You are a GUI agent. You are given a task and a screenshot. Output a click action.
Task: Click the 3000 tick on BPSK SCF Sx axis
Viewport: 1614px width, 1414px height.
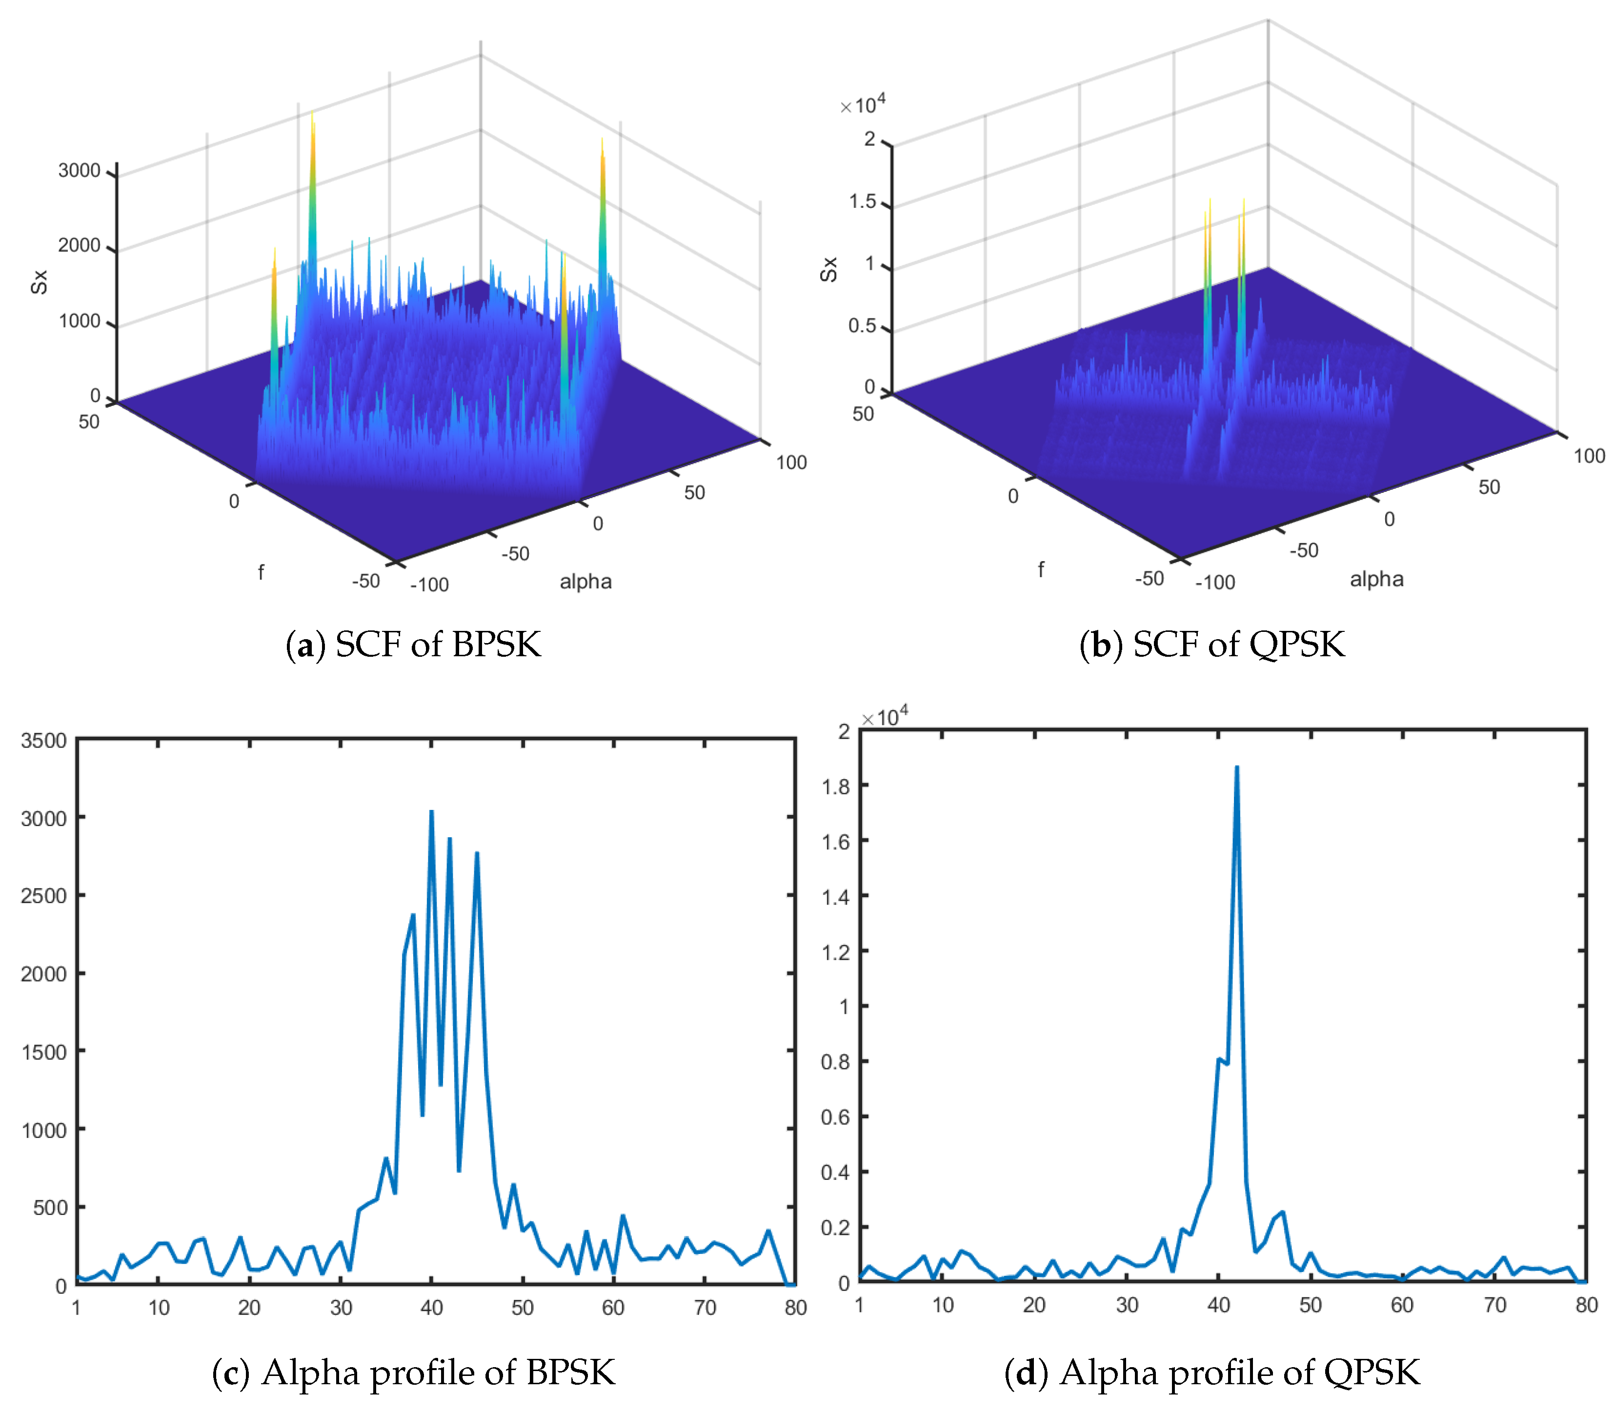[79, 170]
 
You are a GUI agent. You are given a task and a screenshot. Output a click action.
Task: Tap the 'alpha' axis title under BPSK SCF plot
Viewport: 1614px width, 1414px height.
[585, 582]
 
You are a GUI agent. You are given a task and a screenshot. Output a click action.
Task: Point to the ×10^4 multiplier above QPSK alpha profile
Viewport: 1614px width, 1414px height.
[884, 716]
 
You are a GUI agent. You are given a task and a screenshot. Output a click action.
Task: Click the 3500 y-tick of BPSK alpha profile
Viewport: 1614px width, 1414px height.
[43, 740]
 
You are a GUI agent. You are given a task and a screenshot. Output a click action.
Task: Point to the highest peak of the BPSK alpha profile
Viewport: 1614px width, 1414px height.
[431, 811]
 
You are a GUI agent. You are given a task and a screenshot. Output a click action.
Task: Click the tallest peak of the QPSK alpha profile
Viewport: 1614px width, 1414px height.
[1236, 767]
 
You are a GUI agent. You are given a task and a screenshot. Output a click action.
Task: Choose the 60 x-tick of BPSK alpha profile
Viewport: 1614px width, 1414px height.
[613, 1308]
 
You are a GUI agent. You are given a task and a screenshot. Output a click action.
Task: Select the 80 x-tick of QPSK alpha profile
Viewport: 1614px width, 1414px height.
[1586, 1304]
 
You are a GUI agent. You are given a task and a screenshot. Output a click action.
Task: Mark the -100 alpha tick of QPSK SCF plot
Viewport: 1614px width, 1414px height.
[1215, 582]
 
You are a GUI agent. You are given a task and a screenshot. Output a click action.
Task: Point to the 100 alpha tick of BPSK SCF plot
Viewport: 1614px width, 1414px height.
[791, 463]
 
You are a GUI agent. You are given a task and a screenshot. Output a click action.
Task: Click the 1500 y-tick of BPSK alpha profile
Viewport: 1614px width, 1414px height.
[43, 1052]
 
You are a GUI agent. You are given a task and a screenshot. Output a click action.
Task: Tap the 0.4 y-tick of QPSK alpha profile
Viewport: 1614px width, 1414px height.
[835, 1172]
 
